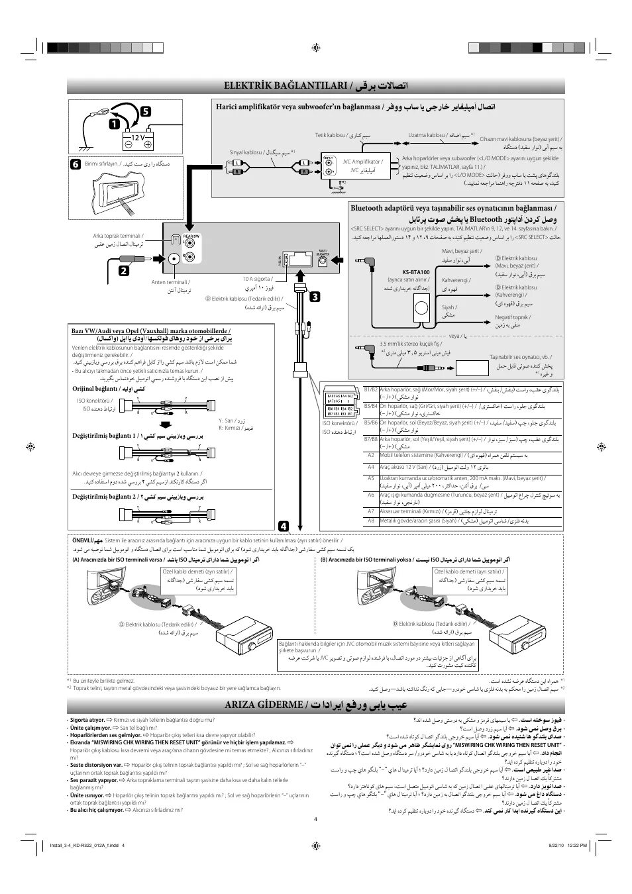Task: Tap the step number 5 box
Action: [x=145, y=113]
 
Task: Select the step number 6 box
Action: [x=76, y=164]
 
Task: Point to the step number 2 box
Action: [x=124, y=270]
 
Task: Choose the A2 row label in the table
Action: [x=371, y=456]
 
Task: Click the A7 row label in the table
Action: [x=371, y=511]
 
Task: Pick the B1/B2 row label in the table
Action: [x=371, y=390]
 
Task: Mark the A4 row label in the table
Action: [x=371, y=467]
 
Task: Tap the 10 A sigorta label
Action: [x=256, y=279]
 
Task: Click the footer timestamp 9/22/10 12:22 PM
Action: [x=568, y=844]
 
